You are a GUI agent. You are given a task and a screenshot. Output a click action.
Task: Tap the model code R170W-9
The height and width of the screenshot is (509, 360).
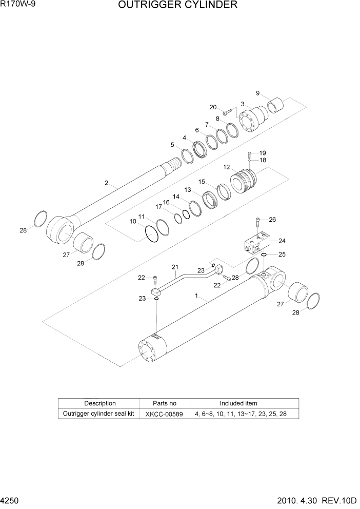coord(15,5)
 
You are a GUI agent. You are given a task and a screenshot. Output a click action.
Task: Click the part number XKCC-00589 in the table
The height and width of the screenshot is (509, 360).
coord(165,414)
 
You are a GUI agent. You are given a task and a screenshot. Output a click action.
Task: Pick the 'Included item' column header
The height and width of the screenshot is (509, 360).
coord(238,403)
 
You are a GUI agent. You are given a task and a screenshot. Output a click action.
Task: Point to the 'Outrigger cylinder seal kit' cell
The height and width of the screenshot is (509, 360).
coord(98,414)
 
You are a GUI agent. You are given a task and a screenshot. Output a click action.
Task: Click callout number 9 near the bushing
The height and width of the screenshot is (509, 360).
coord(257,93)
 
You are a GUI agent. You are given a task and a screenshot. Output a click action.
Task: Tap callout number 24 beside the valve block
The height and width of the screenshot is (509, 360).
coord(282,240)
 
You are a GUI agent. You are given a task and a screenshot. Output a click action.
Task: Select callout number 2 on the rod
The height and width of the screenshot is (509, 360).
coord(106,183)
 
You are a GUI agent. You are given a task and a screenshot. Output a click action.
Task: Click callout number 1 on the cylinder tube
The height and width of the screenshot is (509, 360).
coord(196,297)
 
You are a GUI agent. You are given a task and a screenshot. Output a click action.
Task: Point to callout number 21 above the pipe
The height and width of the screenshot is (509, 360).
coord(175,267)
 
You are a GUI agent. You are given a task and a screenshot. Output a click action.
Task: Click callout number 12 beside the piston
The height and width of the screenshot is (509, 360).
coord(226,167)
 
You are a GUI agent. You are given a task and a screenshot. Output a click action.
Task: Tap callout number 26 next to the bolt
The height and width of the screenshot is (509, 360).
coord(272,220)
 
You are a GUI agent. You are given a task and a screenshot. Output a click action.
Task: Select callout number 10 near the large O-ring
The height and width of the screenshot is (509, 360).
coord(133,222)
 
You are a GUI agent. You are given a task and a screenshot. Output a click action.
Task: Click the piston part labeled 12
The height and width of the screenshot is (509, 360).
coord(245,184)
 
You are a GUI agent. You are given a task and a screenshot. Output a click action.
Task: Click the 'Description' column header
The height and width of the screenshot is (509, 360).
coord(100,403)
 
